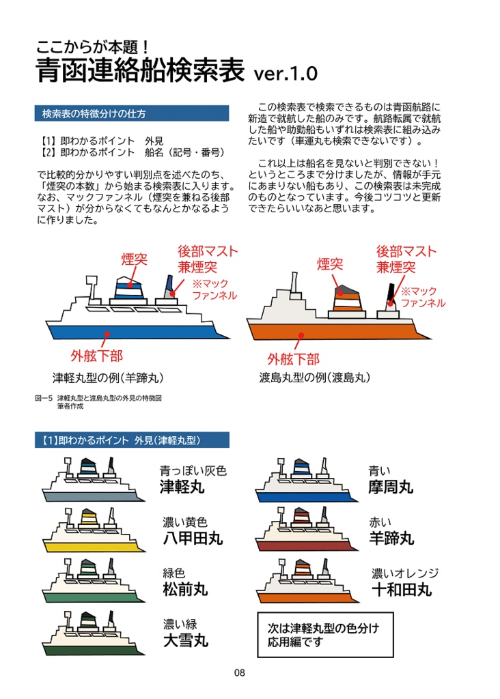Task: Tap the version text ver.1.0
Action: click(x=285, y=74)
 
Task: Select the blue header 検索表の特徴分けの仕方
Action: click(x=131, y=113)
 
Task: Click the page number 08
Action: click(x=239, y=672)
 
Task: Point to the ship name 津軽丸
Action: click(x=182, y=487)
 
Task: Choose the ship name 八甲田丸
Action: click(x=193, y=538)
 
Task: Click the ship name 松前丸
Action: click(x=185, y=588)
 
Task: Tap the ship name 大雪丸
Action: click(x=185, y=640)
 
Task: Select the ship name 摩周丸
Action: click(x=391, y=487)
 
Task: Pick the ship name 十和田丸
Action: click(x=402, y=589)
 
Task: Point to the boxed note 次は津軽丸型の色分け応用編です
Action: click(x=325, y=634)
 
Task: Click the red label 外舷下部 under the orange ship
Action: click(x=293, y=358)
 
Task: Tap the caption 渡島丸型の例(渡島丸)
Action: click(x=315, y=377)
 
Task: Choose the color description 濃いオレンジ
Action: click(x=405, y=573)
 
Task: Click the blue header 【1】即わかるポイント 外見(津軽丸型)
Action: click(x=131, y=440)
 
